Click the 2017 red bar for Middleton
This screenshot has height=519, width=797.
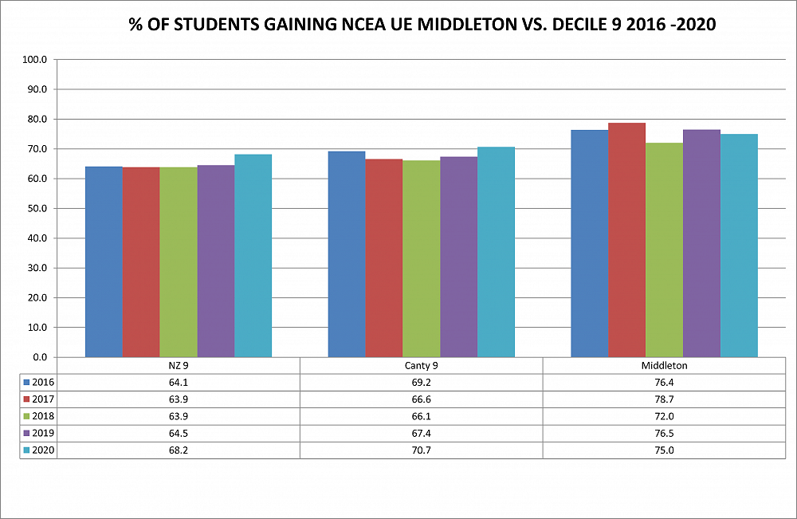pyautogui.click(x=626, y=240)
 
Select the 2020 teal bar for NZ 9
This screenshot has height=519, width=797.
pyautogui.click(x=253, y=255)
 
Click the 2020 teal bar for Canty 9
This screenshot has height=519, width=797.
pyautogui.click(x=496, y=252)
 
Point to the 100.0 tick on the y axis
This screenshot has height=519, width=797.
pyautogui.click(x=37, y=60)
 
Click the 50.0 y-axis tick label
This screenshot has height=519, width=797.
pyautogui.click(x=37, y=209)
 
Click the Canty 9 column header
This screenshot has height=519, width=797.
pyautogui.click(x=421, y=366)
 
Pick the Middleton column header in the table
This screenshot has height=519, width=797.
pyautogui.click(x=664, y=366)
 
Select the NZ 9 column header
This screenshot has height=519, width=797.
pyautogui.click(x=178, y=366)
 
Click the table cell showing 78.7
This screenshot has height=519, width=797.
pyautogui.click(x=664, y=399)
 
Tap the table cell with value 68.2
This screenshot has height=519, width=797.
pyautogui.click(x=178, y=450)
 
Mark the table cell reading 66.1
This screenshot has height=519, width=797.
pyautogui.click(x=421, y=416)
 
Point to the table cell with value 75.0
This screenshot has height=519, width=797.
pyautogui.click(x=664, y=450)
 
